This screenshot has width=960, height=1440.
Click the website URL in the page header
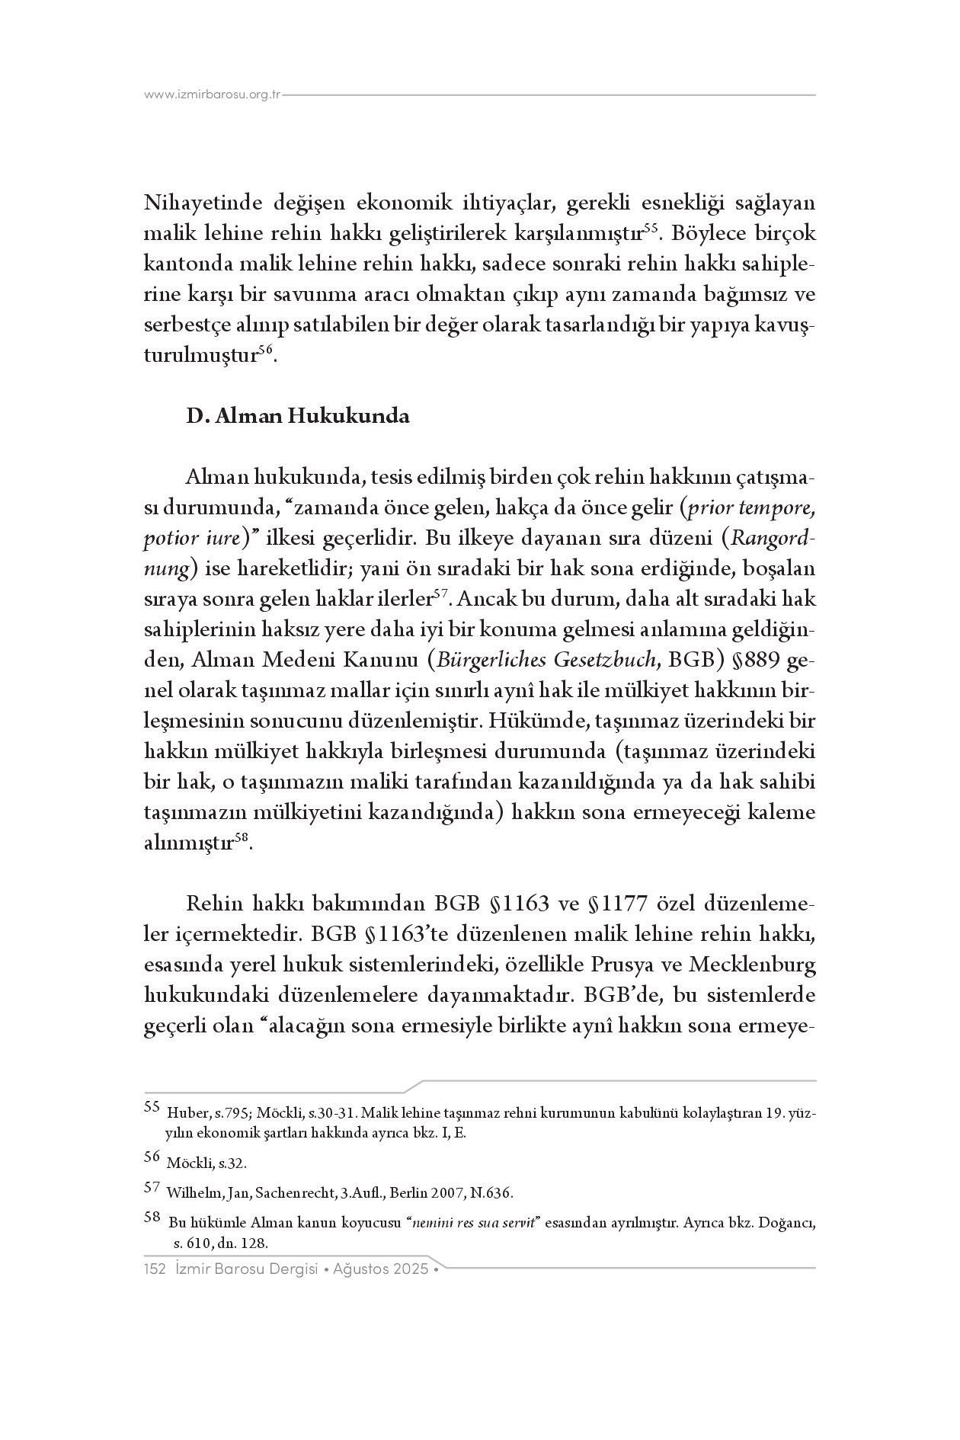tap(213, 95)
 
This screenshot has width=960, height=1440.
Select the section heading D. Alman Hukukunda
tap(298, 417)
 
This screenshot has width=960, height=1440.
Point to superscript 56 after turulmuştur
tap(265, 349)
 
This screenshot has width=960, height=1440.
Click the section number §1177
tap(618, 904)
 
